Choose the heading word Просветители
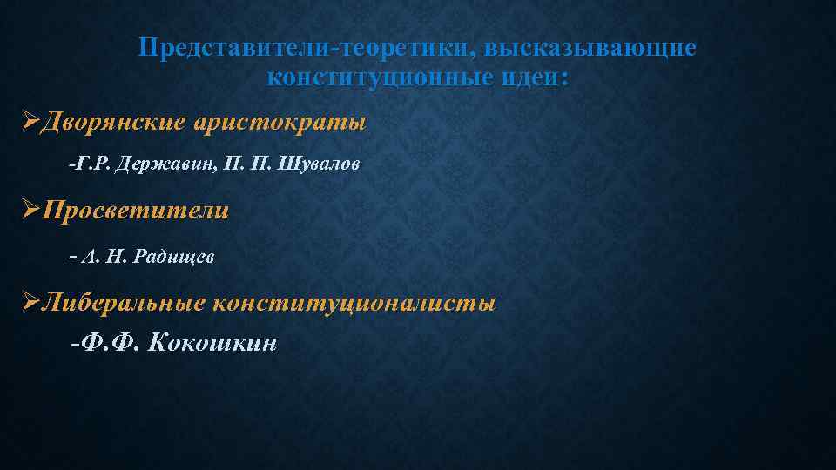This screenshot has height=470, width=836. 136,211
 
